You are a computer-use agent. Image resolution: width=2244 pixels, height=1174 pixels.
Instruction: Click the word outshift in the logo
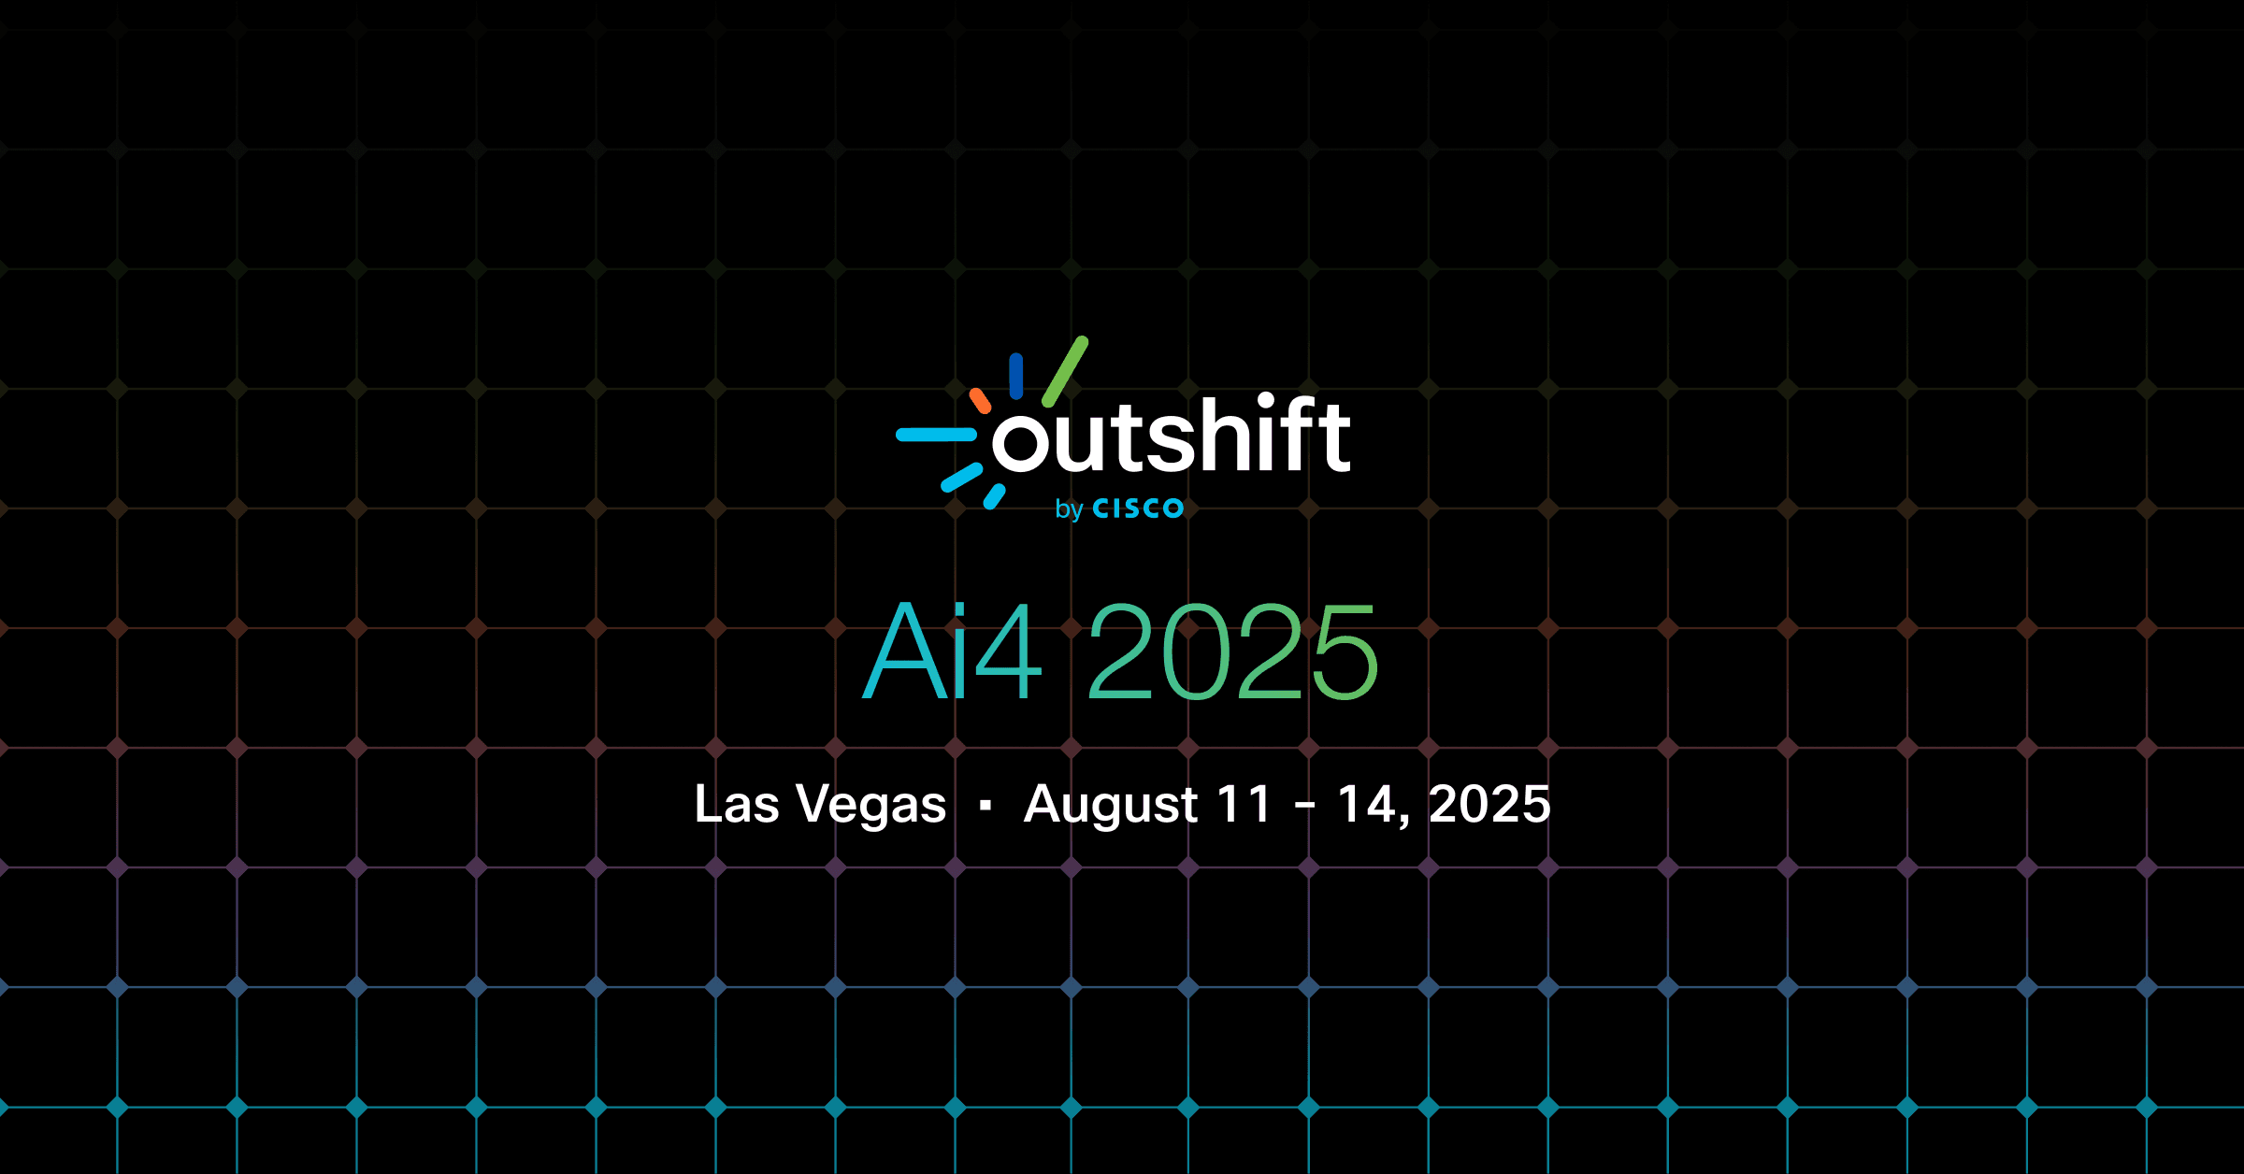tap(1171, 436)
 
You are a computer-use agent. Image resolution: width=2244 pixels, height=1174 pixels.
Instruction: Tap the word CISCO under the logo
tap(1138, 508)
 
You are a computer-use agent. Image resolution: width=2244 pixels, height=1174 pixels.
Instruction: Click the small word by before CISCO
tap(1069, 509)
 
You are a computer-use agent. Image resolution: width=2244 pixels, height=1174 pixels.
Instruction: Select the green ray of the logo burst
tap(1065, 371)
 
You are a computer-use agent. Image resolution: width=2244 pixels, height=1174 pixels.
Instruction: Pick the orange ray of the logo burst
tap(980, 401)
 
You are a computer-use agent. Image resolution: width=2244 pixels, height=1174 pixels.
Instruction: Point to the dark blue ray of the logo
tap(1016, 376)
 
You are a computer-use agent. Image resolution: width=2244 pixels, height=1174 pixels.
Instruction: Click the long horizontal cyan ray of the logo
tap(936, 435)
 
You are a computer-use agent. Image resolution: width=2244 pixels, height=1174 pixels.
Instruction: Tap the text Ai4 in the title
tap(952, 651)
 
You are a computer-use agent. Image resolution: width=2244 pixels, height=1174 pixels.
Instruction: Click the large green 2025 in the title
tap(1233, 651)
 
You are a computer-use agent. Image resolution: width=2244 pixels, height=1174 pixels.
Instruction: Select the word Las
tap(736, 804)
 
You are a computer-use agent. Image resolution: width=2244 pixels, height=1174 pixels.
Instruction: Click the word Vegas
tap(870, 805)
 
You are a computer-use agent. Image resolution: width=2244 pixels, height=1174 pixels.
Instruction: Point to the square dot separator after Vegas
tap(985, 805)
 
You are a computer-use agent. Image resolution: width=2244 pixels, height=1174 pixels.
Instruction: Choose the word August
tap(1110, 805)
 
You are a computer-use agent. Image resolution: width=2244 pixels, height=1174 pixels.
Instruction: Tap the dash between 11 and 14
tap(1305, 805)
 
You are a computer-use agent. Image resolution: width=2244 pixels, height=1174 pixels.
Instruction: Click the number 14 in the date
tap(1370, 804)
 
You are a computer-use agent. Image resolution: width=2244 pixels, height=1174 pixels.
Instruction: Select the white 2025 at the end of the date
tap(1489, 804)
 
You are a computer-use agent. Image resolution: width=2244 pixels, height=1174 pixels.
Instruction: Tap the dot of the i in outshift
tap(1266, 402)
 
